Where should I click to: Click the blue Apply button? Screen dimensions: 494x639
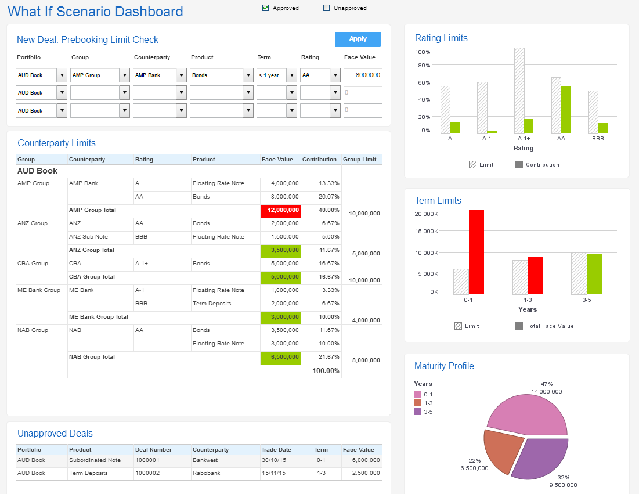pos(358,39)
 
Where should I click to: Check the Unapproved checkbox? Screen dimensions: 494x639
pos(326,8)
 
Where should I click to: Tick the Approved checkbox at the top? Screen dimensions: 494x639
pos(266,8)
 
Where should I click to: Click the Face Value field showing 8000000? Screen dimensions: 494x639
pos(363,75)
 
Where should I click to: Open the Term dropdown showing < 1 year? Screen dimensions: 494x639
pos(291,75)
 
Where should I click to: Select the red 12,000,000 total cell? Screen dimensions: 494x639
pos(281,210)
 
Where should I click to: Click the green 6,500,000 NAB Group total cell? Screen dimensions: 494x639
pos(281,357)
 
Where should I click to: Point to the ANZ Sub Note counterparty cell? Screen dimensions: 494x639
pos(88,237)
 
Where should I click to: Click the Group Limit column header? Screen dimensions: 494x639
pos(360,159)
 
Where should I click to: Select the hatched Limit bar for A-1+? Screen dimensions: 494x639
pos(519,91)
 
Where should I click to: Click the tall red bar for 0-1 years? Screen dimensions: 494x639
pos(476,253)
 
